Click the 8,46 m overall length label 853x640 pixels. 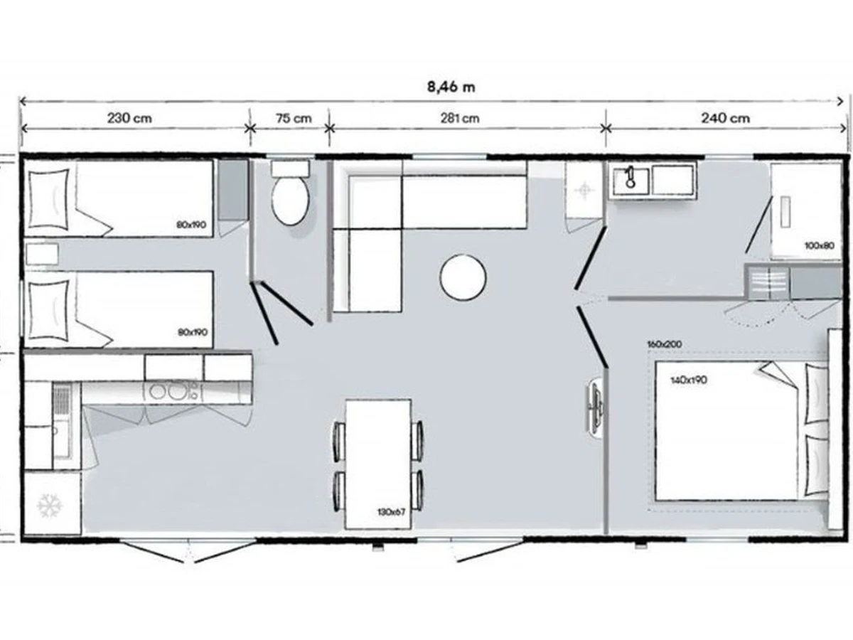(451, 87)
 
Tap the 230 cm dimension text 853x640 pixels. (129, 118)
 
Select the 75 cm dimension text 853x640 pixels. (294, 118)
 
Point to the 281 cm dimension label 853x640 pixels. (459, 118)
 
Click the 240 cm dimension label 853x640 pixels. (725, 118)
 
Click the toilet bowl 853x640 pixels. (290, 201)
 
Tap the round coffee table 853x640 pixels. (463, 277)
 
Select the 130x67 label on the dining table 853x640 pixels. (391, 512)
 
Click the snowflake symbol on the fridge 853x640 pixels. (50, 506)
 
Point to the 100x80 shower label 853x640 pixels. (819, 245)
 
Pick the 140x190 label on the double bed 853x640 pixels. (689, 380)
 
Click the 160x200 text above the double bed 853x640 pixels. (665, 344)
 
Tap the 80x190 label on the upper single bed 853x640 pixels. (191, 225)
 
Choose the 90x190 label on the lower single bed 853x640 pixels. (193, 332)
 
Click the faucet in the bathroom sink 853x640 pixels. (630, 177)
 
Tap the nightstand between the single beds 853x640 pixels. (42, 254)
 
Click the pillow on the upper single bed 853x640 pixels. (48, 198)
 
